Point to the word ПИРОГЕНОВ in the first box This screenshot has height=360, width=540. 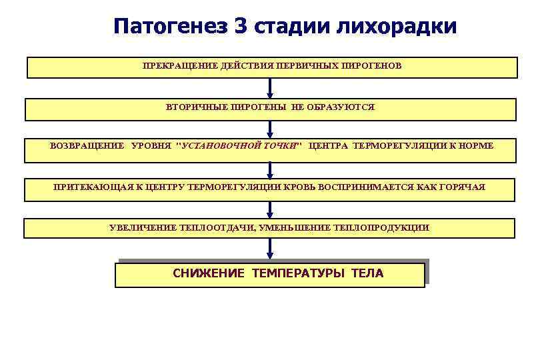[x=371, y=67]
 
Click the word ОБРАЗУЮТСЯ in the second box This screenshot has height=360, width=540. [x=345, y=107]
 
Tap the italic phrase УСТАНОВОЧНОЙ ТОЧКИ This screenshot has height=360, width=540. [x=239, y=146]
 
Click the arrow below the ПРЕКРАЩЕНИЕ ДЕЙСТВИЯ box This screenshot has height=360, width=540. [x=270, y=88]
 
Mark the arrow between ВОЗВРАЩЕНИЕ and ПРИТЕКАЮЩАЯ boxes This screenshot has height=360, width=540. [x=270, y=170]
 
